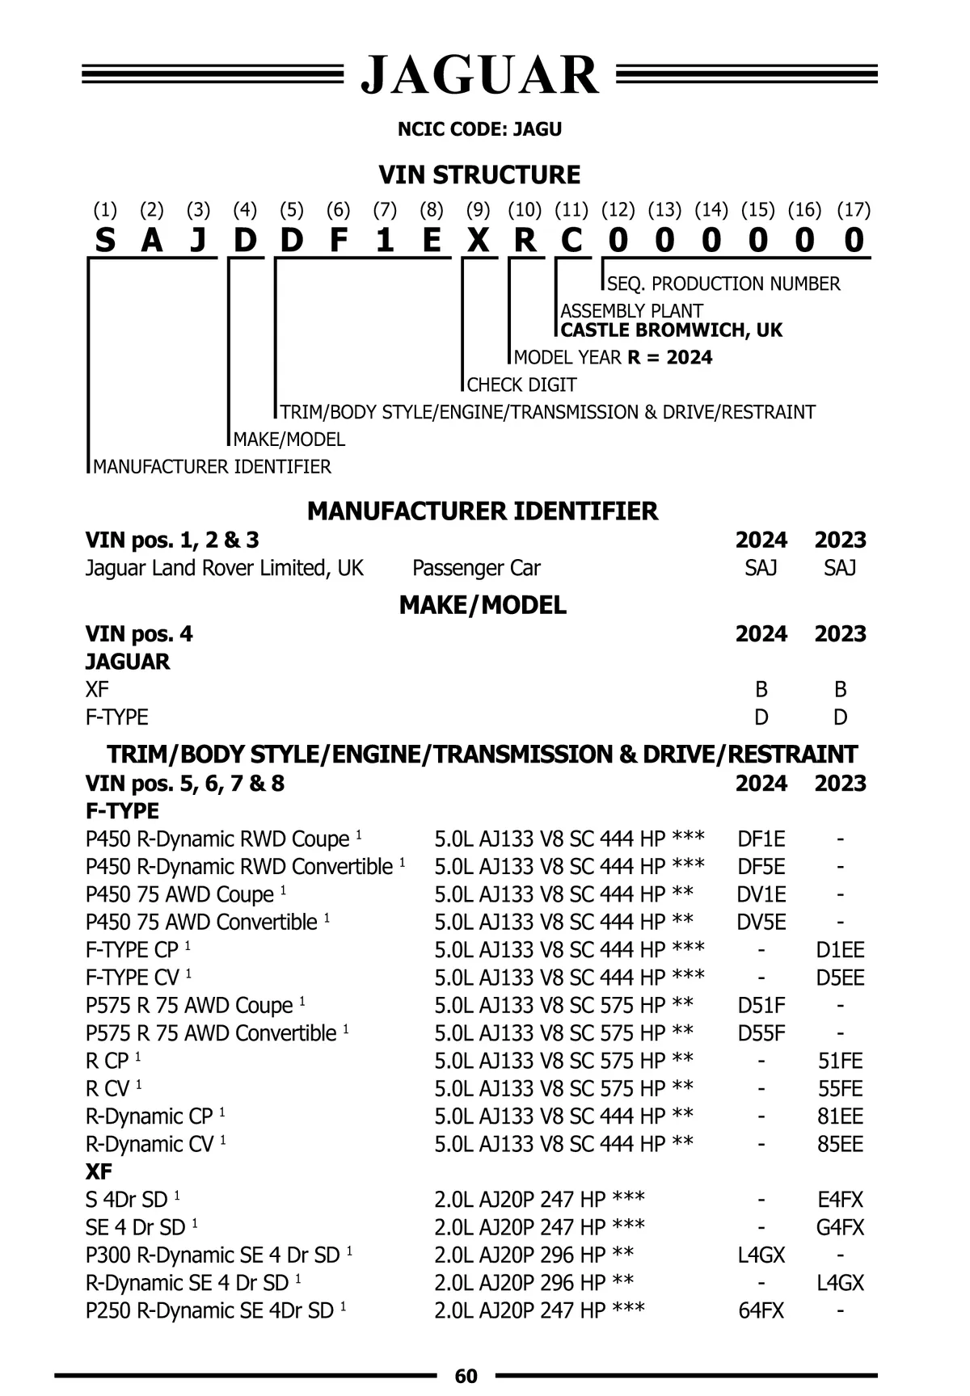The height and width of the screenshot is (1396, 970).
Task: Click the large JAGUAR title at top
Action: click(x=480, y=75)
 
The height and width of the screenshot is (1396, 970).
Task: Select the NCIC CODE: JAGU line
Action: click(x=479, y=129)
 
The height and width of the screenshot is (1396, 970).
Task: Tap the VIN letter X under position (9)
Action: click(x=479, y=240)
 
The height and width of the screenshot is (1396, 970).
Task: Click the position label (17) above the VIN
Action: click(x=854, y=210)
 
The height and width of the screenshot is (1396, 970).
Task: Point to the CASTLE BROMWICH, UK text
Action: click(x=671, y=330)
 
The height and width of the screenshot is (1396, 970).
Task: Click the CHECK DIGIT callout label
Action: click(x=522, y=385)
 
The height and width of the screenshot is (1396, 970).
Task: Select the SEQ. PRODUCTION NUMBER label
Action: click(x=723, y=284)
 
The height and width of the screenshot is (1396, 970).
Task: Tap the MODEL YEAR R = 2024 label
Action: click(x=614, y=357)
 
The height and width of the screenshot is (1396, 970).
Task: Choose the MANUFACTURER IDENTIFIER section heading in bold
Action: click(x=483, y=511)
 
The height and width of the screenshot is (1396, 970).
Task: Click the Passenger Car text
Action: click(x=476, y=568)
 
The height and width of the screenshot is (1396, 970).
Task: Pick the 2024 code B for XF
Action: click(x=761, y=689)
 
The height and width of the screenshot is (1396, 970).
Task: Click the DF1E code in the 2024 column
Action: click(x=761, y=839)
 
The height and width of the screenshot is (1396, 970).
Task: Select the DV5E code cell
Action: click(x=761, y=922)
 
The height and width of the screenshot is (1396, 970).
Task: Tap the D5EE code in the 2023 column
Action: click(x=840, y=978)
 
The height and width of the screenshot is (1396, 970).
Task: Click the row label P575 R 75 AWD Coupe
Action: click(x=190, y=1006)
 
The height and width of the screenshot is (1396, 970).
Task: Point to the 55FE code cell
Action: click(x=840, y=1088)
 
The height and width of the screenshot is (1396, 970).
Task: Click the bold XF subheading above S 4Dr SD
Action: click(x=99, y=1171)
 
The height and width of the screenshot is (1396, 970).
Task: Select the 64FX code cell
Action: click(x=761, y=1310)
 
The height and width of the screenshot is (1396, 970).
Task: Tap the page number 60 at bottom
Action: click(x=466, y=1376)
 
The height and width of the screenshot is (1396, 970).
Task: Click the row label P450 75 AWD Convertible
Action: click(x=201, y=922)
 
